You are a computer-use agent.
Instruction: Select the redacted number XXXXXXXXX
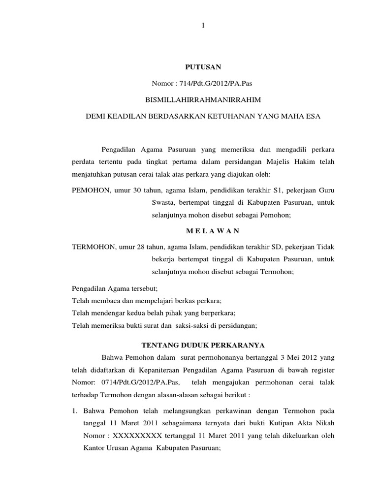[x=139, y=436]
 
